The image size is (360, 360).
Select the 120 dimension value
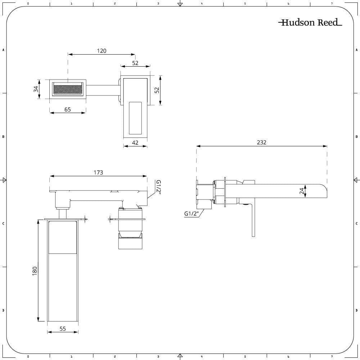pyautogui.click(x=102, y=51)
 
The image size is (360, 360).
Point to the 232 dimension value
pyautogui.click(x=262, y=142)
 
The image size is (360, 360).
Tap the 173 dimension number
pyautogui.click(x=98, y=172)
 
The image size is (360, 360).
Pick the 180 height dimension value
pyautogui.click(x=35, y=271)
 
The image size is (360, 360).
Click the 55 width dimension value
pyautogui.click(x=63, y=329)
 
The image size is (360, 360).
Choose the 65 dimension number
pyautogui.click(x=68, y=109)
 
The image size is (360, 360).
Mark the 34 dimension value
pyautogui.click(x=36, y=89)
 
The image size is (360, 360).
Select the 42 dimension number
pyautogui.click(x=135, y=143)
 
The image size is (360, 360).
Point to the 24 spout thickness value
pyautogui.click(x=302, y=191)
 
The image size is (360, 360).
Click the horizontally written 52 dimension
pyautogui.click(x=135, y=63)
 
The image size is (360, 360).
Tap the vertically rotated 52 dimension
pyautogui.click(x=157, y=90)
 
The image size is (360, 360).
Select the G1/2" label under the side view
pyautogui.click(x=191, y=213)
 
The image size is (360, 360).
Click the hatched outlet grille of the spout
pyautogui.click(x=68, y=89)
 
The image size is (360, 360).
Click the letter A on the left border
pyautogui.click(x=3, y=50)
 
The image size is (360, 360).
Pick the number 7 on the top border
pyautogui.click(x=332, y=4)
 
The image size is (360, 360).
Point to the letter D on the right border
pyautogui.click(x=356, y=310)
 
